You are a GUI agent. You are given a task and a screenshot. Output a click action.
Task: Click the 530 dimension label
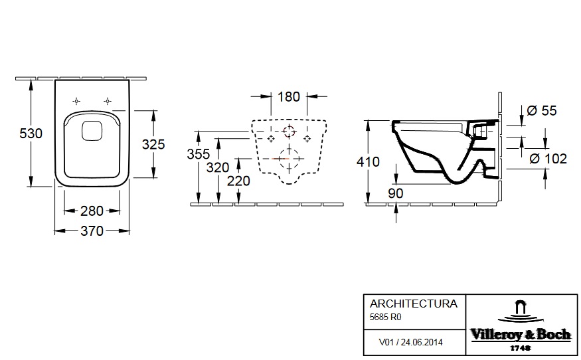point(31,134)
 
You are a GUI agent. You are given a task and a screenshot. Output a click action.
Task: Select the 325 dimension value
point(153,144)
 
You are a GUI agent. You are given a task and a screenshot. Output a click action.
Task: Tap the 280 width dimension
point(92,211)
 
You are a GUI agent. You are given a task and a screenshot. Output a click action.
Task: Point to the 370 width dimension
point(92,231)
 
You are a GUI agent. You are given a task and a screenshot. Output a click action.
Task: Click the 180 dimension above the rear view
point(289,97)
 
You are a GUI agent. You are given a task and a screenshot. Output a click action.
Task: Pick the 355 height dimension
point(199,154)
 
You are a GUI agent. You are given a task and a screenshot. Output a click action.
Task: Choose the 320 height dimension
point(218,167)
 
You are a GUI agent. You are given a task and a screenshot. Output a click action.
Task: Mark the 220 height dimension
point(238,181)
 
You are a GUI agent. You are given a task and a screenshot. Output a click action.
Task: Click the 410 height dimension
point(368,161)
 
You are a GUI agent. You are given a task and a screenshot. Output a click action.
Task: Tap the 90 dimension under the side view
point(395,193)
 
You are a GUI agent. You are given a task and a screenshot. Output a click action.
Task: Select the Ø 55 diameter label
point(542,110)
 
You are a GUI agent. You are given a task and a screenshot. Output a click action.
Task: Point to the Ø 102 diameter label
point(548,159)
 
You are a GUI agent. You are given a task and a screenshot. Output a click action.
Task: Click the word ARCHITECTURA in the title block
point(414,304)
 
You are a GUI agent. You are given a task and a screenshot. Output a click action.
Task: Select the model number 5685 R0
point(385,317)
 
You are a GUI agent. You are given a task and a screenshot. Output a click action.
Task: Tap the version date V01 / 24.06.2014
point(410,342)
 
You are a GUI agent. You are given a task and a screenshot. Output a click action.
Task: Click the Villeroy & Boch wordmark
point(520,335)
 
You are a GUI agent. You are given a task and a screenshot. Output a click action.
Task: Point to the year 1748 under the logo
point(520,348)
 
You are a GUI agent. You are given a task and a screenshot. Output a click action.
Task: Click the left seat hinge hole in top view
point(76,101)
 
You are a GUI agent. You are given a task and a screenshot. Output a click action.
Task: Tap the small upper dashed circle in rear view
point(289,131)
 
